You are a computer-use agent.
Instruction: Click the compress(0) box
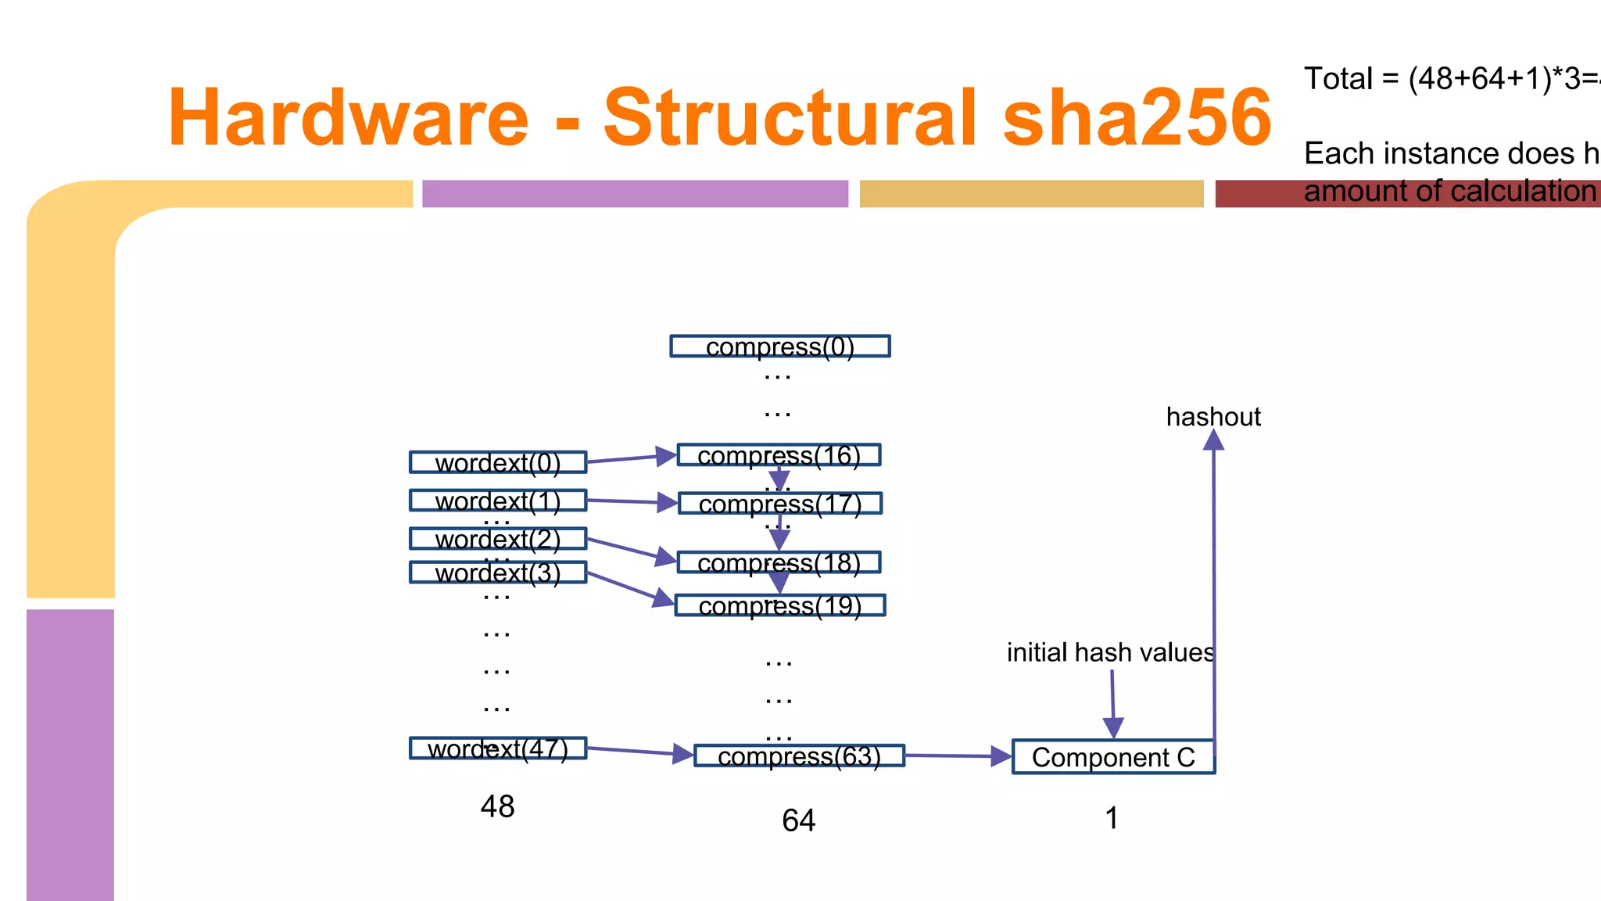click(779, 346)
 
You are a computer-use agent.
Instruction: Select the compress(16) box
click(779, 455)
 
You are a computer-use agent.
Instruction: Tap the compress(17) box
click(780, 504)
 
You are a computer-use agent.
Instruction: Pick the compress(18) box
click(779, 562)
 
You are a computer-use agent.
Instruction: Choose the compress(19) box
click(780, 605)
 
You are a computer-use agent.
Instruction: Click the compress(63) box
click(799, 756)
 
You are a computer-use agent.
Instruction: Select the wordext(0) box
click(498, 462)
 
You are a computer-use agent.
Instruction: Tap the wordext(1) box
click(498, 501)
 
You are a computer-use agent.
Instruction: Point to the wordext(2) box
click(498, 539)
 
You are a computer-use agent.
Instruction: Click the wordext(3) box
click(498, 573)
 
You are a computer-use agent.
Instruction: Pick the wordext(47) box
click(498, 748)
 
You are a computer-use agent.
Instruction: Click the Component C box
click(1113, 757)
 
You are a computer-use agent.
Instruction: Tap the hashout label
click(1213, 417)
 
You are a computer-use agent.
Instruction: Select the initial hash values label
click(1110, 652)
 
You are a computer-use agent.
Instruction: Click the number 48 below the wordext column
click(497, 806)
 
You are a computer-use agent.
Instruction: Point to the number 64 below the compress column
click(798, 820)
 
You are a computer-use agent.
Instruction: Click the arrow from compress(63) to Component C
click(958, 756)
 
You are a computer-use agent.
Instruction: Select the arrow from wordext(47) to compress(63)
click(639, 752)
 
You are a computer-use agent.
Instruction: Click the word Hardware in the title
click(348, 117)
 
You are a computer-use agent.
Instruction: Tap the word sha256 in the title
click(1137, 117)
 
